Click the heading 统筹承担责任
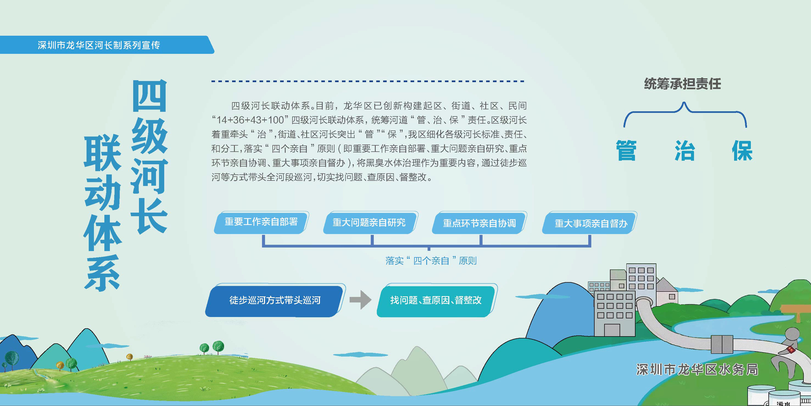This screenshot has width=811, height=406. pos(682,84)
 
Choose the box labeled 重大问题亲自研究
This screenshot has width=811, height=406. pos(369,223)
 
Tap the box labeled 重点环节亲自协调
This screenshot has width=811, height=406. pos(479,223)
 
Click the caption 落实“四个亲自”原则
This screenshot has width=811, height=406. pos(431,260)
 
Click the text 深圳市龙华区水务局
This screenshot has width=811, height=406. pos(697,370)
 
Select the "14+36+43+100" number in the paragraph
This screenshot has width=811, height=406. pos(250,120)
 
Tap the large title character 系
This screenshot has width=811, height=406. pos(103,273)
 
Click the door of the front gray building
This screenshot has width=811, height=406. pos(612,330)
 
